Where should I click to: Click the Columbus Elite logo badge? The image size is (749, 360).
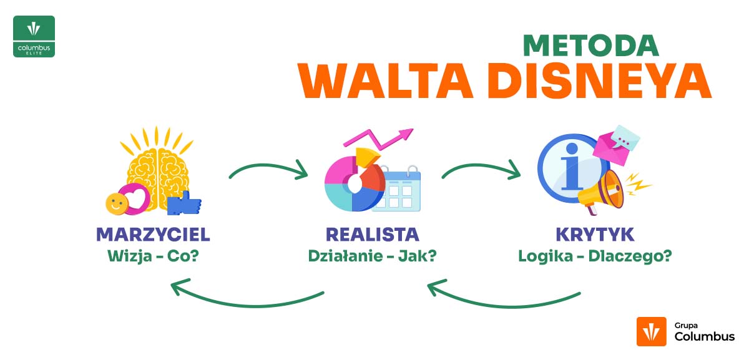click(34, 37)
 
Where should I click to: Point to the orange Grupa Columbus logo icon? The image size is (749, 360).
click(652, 331)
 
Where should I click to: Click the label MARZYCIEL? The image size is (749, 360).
click(153, 235)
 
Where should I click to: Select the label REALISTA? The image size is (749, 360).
click(372, 235)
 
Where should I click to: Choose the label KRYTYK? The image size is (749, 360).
click(595, 235)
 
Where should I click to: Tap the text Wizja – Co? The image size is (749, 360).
click(154, 256)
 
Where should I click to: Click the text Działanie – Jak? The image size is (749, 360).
click(372, 256)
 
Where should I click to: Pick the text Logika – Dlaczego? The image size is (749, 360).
click(595, 256)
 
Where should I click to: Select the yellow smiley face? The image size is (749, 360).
click(115, 202)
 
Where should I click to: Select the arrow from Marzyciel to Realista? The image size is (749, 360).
click(268, 167)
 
